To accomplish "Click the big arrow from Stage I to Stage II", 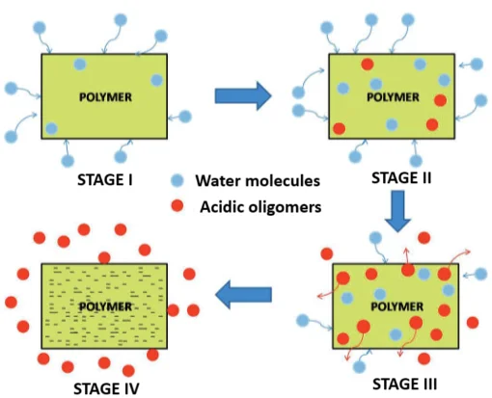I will (242, 94).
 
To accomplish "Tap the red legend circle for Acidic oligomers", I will (177, 206).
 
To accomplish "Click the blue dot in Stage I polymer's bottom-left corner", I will (51, 128).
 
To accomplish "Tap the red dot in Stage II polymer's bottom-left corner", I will (340, 129).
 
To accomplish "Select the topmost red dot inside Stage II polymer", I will (367, 65).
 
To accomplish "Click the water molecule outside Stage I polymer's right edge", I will (186, 116).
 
